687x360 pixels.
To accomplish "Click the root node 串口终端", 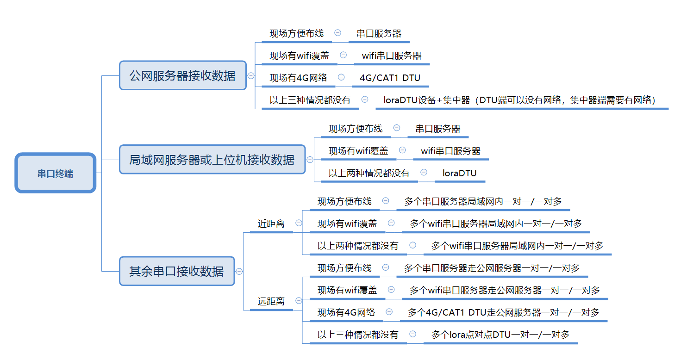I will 55,174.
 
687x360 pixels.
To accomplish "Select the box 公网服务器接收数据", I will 182,75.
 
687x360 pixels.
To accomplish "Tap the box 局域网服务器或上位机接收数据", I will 212,160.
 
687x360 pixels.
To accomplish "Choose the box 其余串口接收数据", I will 176,271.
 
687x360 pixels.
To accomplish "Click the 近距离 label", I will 271,223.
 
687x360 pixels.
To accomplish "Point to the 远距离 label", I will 271,301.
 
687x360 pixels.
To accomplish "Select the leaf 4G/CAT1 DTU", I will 390,78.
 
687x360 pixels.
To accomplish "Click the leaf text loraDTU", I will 459,173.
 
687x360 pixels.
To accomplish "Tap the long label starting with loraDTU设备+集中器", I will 519,99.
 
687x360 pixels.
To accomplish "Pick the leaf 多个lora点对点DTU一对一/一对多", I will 500,335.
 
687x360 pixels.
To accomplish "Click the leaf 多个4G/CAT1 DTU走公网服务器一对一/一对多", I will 503,312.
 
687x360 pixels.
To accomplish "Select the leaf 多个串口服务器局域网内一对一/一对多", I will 483,201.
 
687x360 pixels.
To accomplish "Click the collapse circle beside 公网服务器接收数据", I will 251,75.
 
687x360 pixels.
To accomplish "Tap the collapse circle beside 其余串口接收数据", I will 239,271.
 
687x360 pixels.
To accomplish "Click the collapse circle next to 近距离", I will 299,223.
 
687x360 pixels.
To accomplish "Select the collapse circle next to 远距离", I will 299,301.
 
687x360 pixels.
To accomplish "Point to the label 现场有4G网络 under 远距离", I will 346,312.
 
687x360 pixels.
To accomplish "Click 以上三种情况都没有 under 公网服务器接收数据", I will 310,99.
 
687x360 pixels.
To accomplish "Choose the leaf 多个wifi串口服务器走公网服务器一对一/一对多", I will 505,290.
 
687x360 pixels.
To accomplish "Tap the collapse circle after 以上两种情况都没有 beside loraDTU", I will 424,172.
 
